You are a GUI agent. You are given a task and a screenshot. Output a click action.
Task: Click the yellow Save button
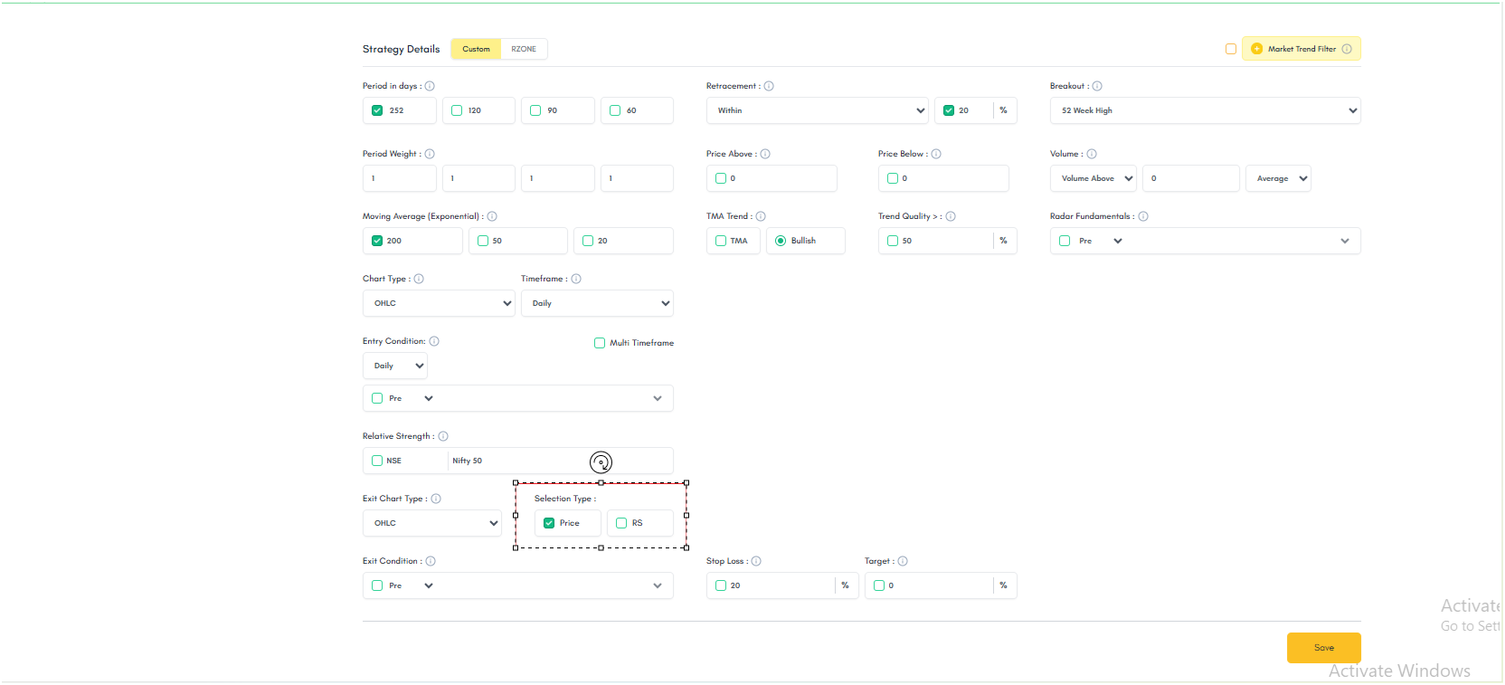click(1323, 647)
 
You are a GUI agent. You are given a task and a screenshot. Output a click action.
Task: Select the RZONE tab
click(524, 49)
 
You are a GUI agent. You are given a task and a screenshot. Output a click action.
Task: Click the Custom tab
click(476, 49)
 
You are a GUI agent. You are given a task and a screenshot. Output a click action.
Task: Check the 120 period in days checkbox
click(457, 110)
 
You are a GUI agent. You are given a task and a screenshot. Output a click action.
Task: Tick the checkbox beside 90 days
click(535, 110)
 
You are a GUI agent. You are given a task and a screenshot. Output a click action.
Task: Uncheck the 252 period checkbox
click(377, 110)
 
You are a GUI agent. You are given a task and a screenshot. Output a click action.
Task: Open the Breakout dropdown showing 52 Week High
click(1206, 110)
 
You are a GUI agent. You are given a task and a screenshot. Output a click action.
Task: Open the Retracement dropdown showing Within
click(817, 110)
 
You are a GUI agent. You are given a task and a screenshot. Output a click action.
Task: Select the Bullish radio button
click(780, 241)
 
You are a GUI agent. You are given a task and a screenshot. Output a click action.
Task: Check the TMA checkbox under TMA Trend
click(721, 241)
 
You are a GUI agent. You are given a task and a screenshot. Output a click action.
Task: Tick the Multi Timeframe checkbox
click(600, 343)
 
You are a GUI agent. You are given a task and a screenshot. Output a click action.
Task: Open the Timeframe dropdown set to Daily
click(597, 303)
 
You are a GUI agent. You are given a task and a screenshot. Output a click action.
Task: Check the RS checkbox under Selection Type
click(621, 523)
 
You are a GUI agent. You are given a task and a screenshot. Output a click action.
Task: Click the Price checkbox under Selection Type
click(549, 523)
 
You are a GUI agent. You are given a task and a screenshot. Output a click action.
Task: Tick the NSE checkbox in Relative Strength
click(377, 461)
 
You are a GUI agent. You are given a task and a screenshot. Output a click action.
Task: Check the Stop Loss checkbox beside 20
click(721, 585)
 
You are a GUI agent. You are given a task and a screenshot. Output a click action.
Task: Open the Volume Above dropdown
click(1093, 178)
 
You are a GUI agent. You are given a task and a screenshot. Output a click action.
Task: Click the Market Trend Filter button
click(1301, 49)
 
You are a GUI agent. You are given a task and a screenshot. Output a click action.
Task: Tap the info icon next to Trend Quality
click(951, 216)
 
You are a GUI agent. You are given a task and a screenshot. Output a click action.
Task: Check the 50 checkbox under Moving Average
click(482, 241)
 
